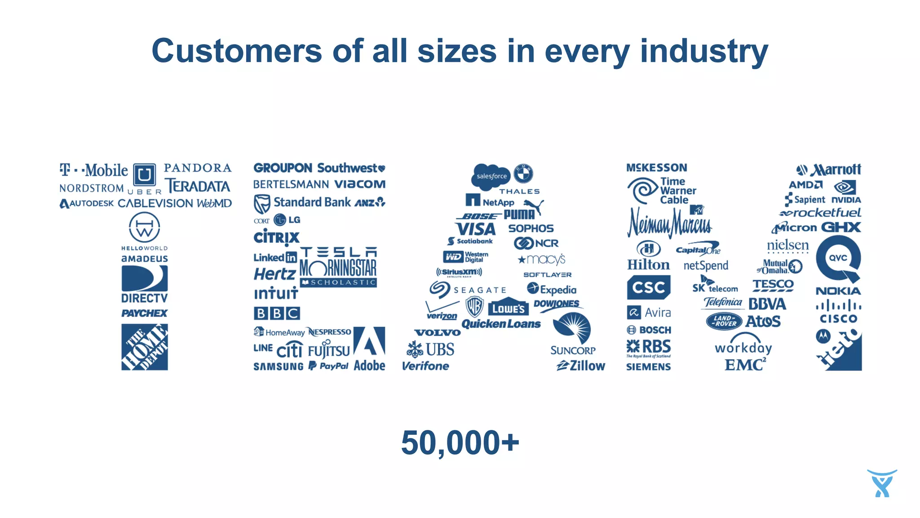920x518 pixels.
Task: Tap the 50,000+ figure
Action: pos(460,443)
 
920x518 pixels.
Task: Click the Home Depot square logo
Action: pos(145,347)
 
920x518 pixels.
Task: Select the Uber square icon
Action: pos(145,174)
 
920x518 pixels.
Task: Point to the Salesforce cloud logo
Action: pos(491,176)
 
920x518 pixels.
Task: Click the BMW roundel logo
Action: pos(523,173)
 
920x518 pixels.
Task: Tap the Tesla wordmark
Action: pos(339,252)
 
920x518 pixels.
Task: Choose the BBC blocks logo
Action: pos(277,313)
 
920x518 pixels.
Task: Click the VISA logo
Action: pos(476,229)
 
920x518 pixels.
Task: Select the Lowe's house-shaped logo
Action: pos(509,307)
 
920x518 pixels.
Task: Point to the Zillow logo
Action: pos(581,366)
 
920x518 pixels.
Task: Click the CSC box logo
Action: pos(648,287)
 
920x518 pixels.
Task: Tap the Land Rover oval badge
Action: pos(724,321)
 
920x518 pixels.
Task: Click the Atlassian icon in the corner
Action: pos(882,483)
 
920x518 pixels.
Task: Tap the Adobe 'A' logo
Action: pos(369,341)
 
